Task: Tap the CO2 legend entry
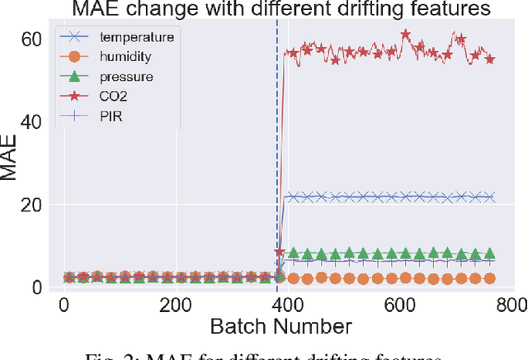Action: pyautogui.click(x=116, y=95)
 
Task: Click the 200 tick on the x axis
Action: pyautogui.click(x=175, y=305)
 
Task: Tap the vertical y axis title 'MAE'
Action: pyautogui.click(x=11, y=161)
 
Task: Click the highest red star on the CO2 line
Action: pyautogui.click(x=405, y=35)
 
